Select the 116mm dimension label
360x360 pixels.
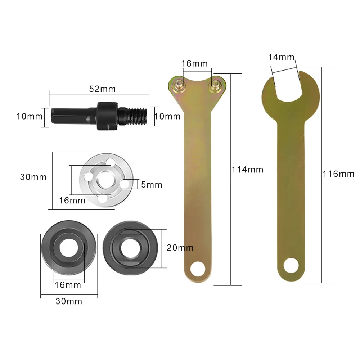(339, 174)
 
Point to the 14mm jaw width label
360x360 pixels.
(281, 57)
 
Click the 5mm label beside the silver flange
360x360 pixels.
(151, 185)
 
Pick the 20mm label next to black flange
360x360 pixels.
(180, 248)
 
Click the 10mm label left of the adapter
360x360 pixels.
(29, 116)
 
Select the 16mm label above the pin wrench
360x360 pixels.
(195, 64)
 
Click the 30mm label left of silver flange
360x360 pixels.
(33, 177)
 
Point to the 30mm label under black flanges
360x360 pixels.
(69, 301)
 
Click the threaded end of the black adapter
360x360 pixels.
(139, 116)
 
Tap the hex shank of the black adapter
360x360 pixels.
(63, 116)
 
